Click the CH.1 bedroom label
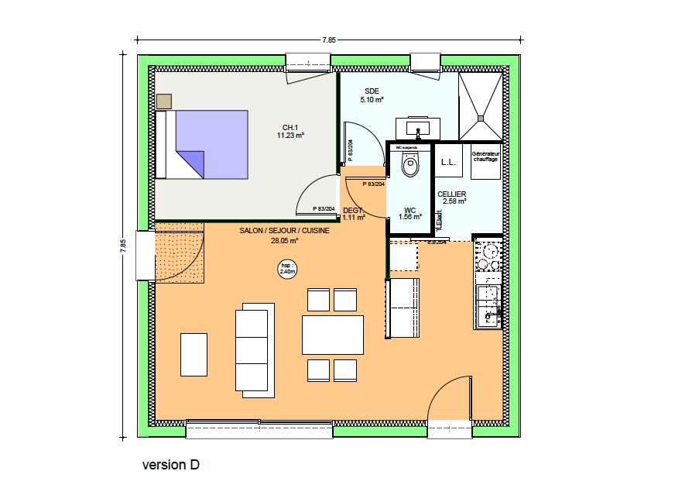pos(290,127)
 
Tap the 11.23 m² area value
pos(290,135)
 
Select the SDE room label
pos(372,91)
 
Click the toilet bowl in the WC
pos(409,165)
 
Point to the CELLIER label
pos(451,194)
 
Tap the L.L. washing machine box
pos(447,162)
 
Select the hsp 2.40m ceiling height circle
pos(288,269)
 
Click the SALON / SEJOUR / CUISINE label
pos(284,231)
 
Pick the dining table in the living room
pos(333,335)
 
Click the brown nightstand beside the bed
pos(163,101)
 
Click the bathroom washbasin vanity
pos(418,129)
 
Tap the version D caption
pos(170,465)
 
